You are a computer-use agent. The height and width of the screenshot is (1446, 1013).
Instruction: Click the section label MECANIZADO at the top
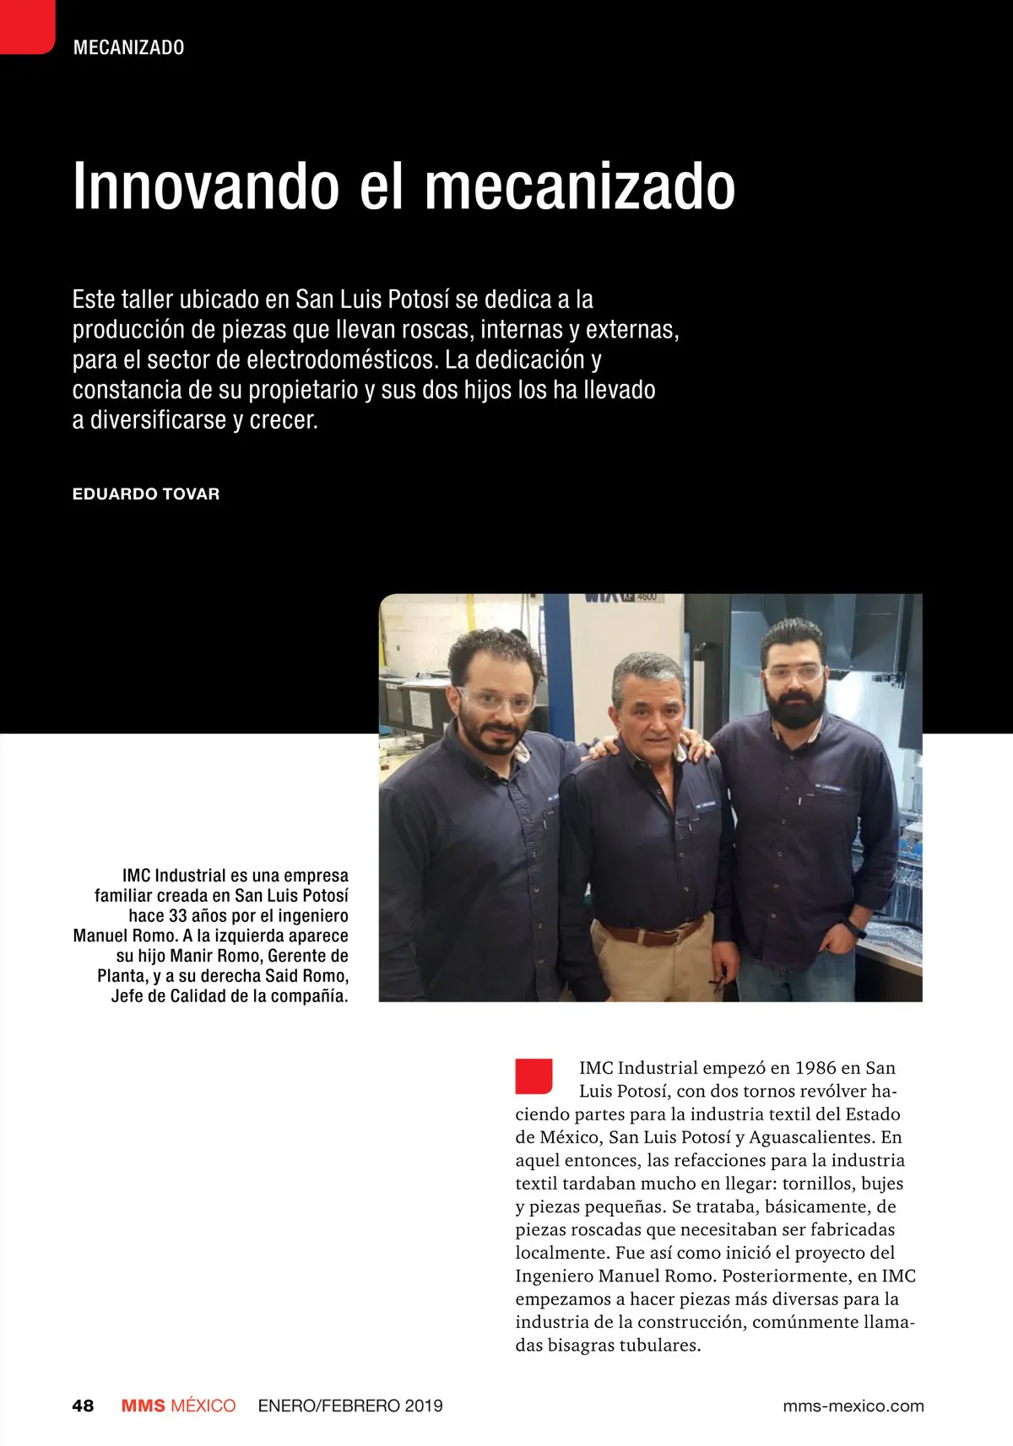[128, 47]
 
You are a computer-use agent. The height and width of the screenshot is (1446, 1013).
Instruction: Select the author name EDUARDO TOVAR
[146, 494]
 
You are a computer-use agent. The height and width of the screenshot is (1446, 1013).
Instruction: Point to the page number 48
[83, 1406]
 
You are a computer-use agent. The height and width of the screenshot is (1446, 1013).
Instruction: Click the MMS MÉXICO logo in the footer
[178, 1406]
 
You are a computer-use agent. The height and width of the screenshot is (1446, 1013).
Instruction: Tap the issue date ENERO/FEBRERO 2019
[350, 1406]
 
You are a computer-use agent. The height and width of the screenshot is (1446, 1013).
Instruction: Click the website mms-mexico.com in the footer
[853, 1406]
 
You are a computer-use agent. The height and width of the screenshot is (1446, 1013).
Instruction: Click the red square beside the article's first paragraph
[534, 1076]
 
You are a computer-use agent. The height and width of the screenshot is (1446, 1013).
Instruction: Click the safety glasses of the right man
[794, 673]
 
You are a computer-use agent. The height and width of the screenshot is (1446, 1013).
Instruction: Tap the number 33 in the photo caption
[178, 915]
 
